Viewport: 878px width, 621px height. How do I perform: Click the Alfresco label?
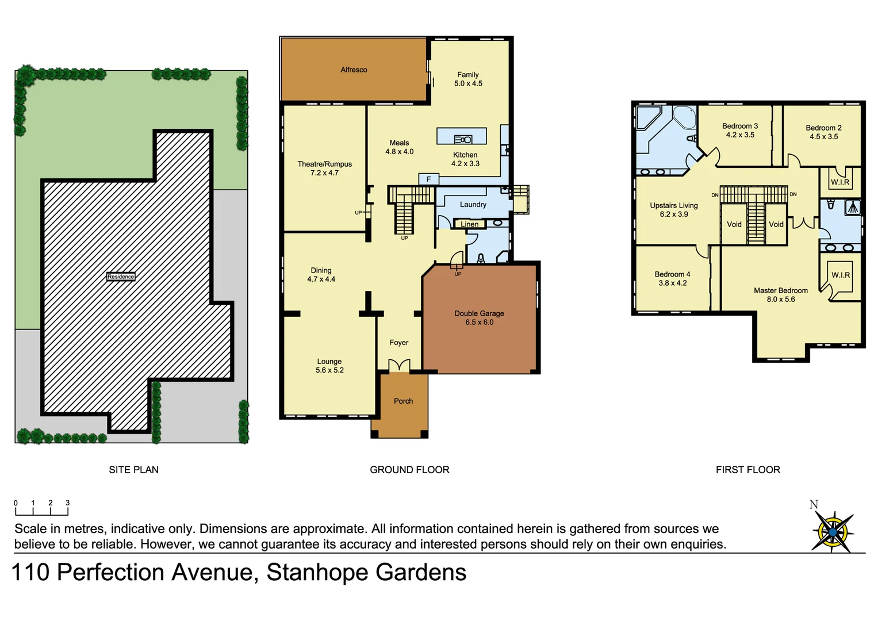pyautogui.click(x=354, y=70)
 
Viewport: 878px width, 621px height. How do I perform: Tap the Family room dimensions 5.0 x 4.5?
pyautogui.click(x=468, y=84)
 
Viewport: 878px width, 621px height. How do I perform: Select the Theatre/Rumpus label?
pyautogui.click(x=324, y=164)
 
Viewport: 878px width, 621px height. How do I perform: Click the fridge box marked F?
pyautogui.click(x=428, y=179)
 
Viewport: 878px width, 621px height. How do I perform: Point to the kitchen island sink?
pyautogui.click(x=463, y=139)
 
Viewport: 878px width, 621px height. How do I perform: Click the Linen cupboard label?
pyautogui.click(x=469, y=224)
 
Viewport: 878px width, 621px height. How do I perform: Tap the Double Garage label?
pyautogui.click(x=479, y=313)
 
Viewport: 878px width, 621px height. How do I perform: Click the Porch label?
pyautogui.click(x=403, y=401)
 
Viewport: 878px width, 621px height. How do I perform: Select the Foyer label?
pyautogui.click(x=398, y=343)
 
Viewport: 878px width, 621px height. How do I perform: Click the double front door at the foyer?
pyautogui.click(x=399, y=366)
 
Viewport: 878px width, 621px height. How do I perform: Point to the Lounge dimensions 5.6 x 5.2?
pyautogui.click(x=329, y=370)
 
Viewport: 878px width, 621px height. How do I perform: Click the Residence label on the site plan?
pyautogui.click(x=121, y=277)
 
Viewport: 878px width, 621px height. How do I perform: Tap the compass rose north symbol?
pyautogui.click(x=832, y=531)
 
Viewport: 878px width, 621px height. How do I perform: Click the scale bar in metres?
pyautogui.click(x=41, y=508)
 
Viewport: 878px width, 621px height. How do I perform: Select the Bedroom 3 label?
pyautogui.click(x=739, y=126)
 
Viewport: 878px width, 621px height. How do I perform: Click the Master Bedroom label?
pyautogui.click(x=780, y=290)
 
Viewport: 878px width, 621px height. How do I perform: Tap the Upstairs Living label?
pyautogui.click(x=673, y=205)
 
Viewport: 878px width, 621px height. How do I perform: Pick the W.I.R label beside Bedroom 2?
pyautogui.click(x=839, y=182)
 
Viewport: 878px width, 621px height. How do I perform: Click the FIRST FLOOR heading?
pyautogui.click(x=747, y=470)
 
